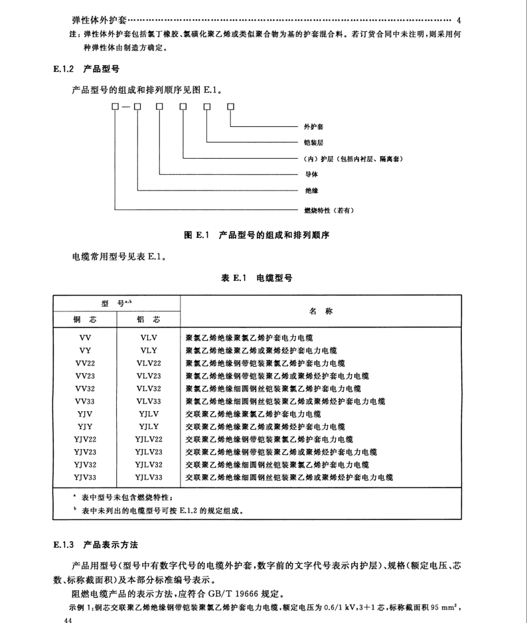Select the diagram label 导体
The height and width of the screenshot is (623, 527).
point(311,175)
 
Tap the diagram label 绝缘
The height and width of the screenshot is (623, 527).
point(311,191)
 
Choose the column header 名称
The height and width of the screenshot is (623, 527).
point(321,311)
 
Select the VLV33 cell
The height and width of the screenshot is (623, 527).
point(149,401)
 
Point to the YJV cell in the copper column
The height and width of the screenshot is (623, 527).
point(84,414)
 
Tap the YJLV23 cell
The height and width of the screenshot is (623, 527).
point(149,452)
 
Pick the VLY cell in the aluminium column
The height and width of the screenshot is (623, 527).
point(149,351)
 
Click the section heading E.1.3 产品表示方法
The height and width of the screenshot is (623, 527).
point(96,545)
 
